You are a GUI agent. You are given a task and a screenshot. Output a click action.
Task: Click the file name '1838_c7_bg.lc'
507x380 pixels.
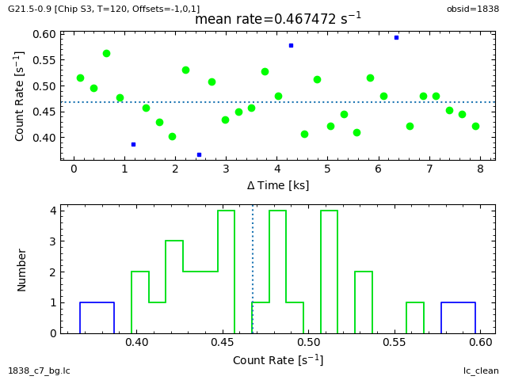click(39, 370)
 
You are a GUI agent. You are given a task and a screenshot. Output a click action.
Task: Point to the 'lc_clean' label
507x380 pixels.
click(481, 370)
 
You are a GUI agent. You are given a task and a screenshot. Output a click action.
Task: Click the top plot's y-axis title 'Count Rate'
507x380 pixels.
click(20, 96)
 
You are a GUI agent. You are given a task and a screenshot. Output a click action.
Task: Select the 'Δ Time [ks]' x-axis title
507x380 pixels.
click(278, 185)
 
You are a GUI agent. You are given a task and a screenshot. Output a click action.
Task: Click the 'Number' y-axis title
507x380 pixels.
click(22, 269)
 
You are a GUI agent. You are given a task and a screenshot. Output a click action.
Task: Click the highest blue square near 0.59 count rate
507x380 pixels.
click(396, 37)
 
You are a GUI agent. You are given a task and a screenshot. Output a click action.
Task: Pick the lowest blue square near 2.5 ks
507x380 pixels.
click(199, 154)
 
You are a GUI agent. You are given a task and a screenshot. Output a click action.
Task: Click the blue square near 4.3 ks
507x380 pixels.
click(291, 45)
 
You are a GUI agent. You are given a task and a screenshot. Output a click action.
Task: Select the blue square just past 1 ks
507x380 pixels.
click(133, 144)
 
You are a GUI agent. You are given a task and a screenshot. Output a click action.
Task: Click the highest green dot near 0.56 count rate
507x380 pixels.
click(106, 53)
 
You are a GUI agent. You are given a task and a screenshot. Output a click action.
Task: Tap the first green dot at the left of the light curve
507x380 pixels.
click(80, 78)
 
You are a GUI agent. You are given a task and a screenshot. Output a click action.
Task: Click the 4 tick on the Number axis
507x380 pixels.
click(51, 211)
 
